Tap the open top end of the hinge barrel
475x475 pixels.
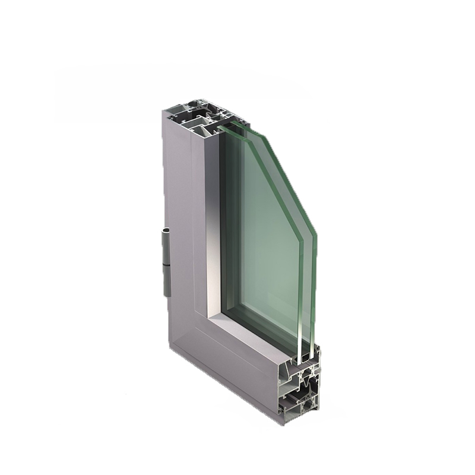(166, 230)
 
